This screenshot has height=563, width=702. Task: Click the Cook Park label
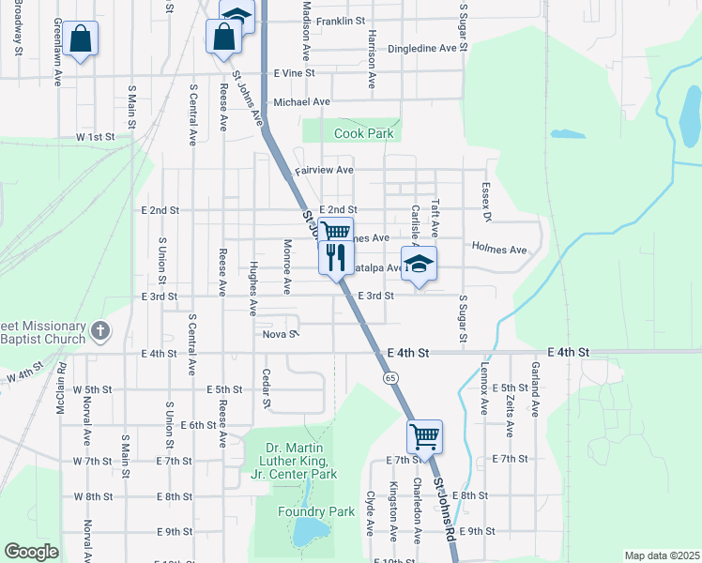[364, 134]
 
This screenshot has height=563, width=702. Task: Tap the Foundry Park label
[316, 511]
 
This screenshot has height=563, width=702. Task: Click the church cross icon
[102, 330]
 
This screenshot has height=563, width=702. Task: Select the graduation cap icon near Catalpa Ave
[419, 264]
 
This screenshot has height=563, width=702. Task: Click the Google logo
[30, 552]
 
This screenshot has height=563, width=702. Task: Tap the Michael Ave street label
[301, 102]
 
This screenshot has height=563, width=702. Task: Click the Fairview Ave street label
[324, 171]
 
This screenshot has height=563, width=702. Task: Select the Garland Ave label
[534, 388]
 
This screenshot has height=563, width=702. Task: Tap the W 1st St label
[95, 137]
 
